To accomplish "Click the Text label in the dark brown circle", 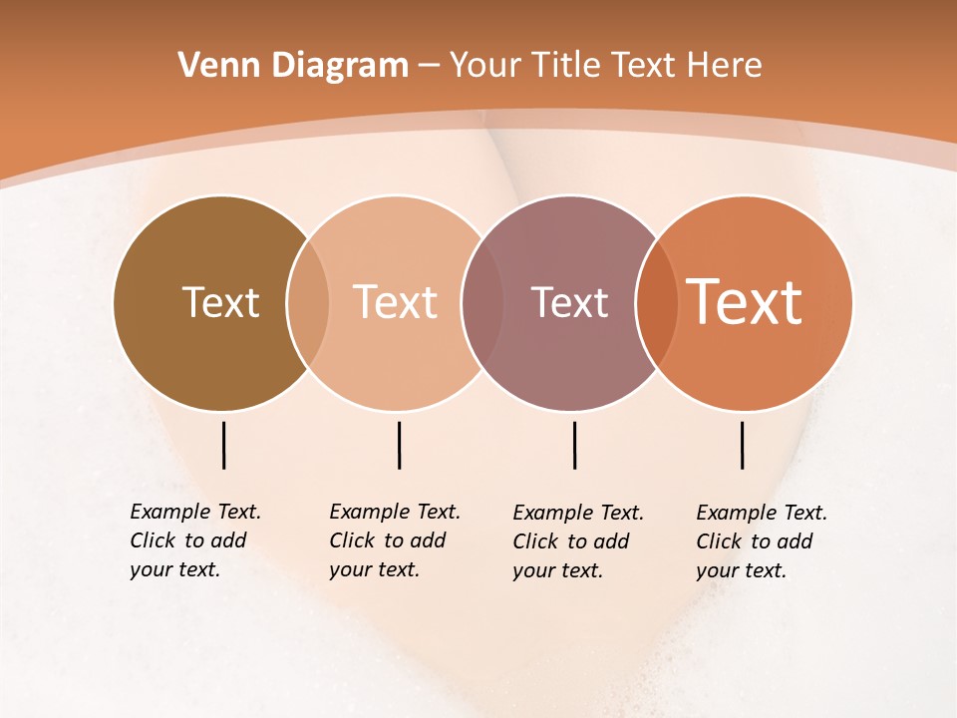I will coord(220,302).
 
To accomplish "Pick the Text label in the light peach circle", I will coord(396,302).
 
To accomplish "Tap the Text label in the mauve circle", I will coord(569,302).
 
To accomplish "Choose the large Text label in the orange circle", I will coord(745,302).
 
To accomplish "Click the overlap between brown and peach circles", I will coord(307,303).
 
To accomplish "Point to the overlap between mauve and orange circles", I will coord(657,303).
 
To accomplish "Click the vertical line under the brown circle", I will coord(223,445).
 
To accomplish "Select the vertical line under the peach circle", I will coord(399,445).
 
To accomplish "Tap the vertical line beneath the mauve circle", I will coord(574,445).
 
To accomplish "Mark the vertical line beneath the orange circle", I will coord(742,445).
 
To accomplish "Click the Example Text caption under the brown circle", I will coord(194,540).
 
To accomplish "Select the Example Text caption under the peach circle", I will coord(394,540).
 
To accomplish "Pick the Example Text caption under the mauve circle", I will coord(577,541).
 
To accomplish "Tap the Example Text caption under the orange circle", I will coord(761,541).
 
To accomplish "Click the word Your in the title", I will coord(485,66).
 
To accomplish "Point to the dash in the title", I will coord(429,67).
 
